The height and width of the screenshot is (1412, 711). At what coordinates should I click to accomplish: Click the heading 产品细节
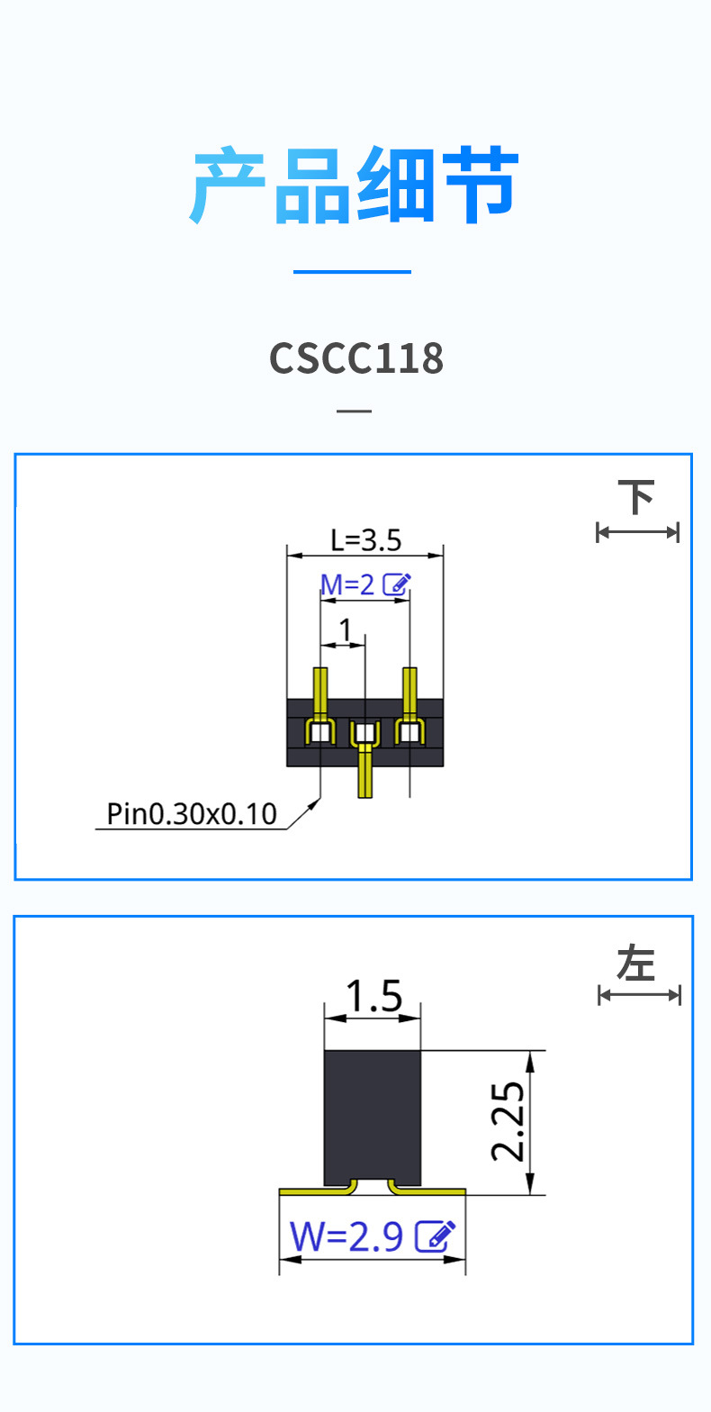coord(355,186)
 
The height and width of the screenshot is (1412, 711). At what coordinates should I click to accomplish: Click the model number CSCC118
coord(356,358)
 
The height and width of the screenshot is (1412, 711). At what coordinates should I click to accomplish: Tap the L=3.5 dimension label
coord(365,540)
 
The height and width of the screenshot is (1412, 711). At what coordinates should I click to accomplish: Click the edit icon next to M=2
coord(397,584)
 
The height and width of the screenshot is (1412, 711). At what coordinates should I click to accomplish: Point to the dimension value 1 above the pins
coord(345,629)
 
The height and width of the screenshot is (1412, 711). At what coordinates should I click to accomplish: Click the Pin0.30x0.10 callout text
coord(192,814)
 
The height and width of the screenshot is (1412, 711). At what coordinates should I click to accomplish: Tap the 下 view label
coord(637,497)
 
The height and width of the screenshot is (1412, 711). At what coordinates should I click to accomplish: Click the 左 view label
coord(637,964)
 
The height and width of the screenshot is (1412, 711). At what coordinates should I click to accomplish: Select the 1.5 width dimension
coord(373,997)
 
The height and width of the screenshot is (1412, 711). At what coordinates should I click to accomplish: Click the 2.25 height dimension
coord(508,1121)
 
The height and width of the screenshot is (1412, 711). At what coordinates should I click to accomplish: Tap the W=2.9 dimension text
coord(346,1237)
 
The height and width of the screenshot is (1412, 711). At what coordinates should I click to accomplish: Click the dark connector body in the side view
coord(373,1117)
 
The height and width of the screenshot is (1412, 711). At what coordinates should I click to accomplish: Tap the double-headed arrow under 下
coord(637,532)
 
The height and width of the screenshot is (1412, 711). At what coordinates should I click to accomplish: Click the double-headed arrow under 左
coord(639,994)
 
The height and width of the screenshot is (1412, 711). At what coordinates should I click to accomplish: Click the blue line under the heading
coord(352,271)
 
